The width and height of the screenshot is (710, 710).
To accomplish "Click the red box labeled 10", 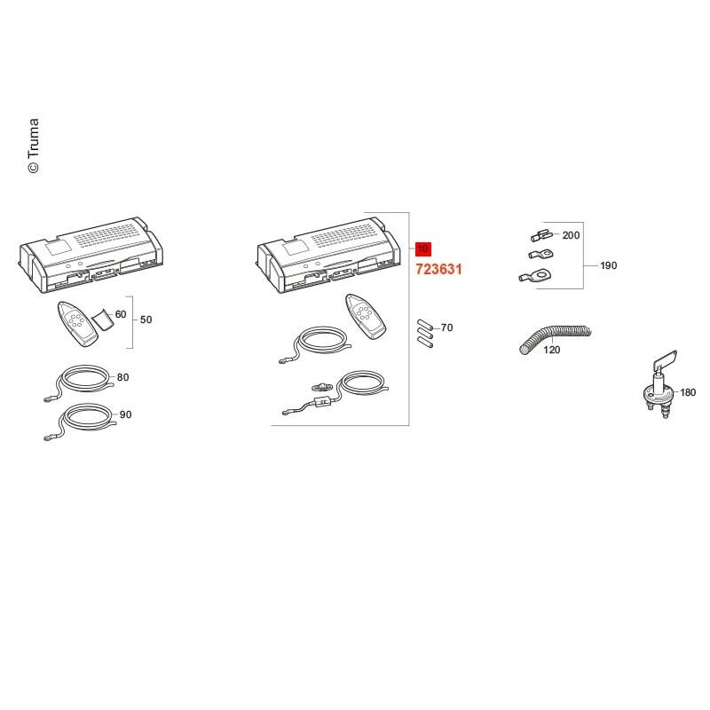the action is [x=423, y=249].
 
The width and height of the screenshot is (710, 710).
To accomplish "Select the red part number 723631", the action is [x=438, y=270].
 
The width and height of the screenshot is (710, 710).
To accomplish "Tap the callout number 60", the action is [x=121, y=314].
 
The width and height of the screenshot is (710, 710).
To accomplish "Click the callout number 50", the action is [x=146, y=319].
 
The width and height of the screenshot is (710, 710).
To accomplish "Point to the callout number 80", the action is [x=122, y=377].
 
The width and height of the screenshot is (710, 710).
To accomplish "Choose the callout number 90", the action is [x=125, y=414].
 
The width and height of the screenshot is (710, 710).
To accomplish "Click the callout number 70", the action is [x=446, y=327].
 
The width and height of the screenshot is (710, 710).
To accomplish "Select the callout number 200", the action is [x=571, y=235].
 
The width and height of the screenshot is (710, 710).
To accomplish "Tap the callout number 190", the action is [x=608, y=265].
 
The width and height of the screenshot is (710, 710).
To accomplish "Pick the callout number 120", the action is [x=551, y=350].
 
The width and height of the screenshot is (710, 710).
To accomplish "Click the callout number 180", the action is [x=687, y=392].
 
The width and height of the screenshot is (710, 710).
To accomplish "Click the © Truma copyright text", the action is [x=34, y=146].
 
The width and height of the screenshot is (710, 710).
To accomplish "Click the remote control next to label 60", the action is [x=77, y=324].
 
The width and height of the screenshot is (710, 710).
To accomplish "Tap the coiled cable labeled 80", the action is [x=82, y=382].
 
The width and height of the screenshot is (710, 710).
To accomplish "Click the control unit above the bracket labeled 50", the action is [x=91, y=255].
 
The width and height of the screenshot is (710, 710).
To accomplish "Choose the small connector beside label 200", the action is [x=541, y=236].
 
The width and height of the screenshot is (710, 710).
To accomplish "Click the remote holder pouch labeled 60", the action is [x=103, y=319].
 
